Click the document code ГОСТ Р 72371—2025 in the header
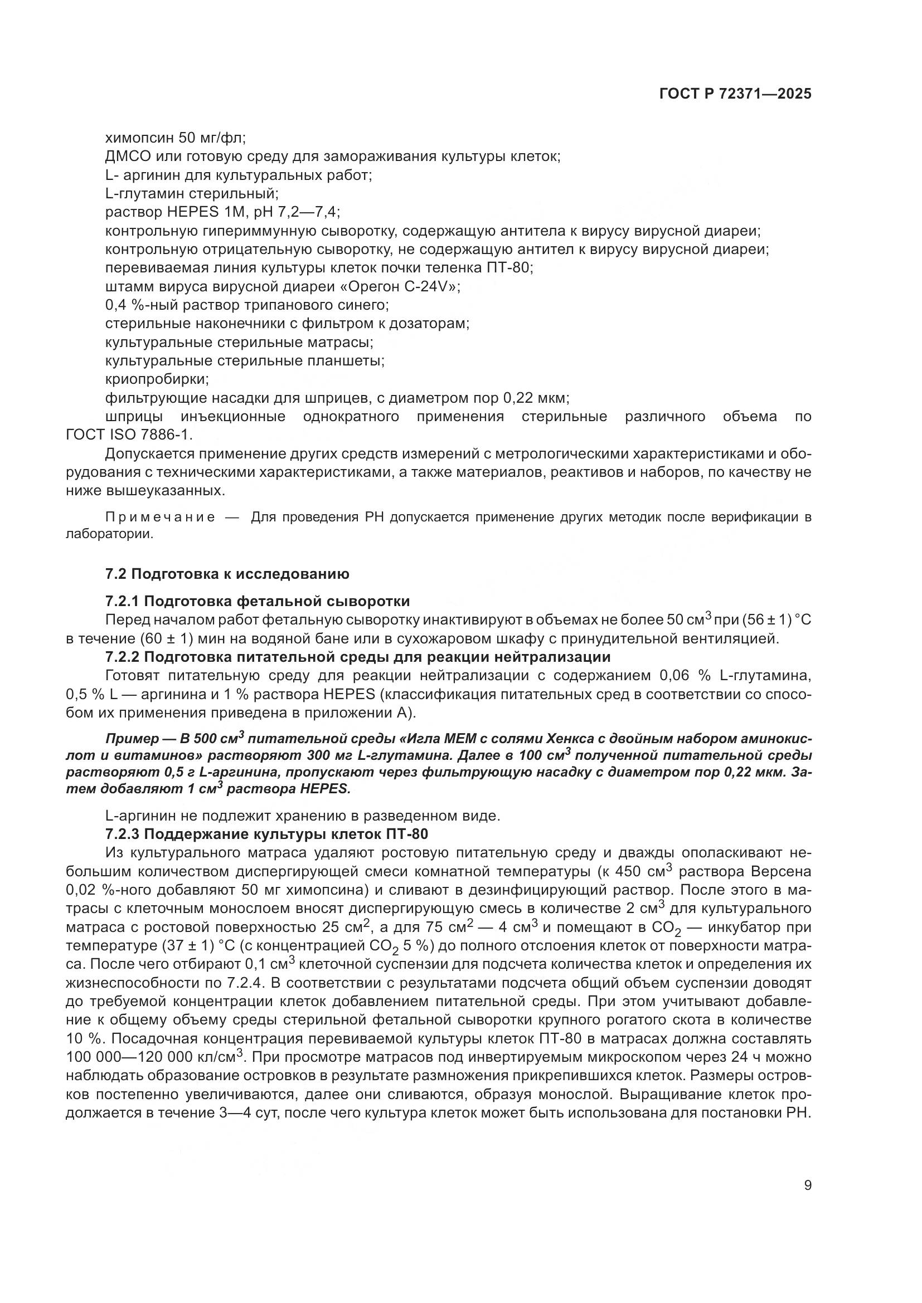735,94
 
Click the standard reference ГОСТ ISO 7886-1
129,435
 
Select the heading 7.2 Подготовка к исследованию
227,574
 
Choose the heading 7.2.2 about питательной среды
358,657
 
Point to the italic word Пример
132,739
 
